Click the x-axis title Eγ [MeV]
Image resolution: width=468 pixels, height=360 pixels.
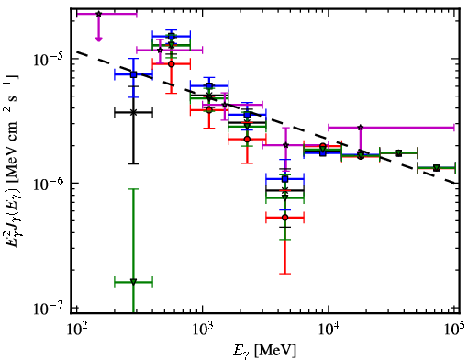(264, 351)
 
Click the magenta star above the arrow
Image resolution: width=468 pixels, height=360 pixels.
(98, 14)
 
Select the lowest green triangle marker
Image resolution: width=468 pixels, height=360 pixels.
(133, 282)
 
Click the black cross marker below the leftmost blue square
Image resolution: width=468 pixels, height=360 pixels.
(133, 112)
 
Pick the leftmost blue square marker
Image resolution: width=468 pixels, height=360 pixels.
(133, 74)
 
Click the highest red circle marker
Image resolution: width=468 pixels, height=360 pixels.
(172, 64)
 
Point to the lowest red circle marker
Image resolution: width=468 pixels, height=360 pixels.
(285, 218)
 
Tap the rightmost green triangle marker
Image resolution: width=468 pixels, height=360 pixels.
(437, 168)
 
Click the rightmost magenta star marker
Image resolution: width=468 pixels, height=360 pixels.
(361, 128)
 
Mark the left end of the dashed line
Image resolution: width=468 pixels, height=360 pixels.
(76, 51)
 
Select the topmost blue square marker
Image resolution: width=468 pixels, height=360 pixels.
(172, 37)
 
